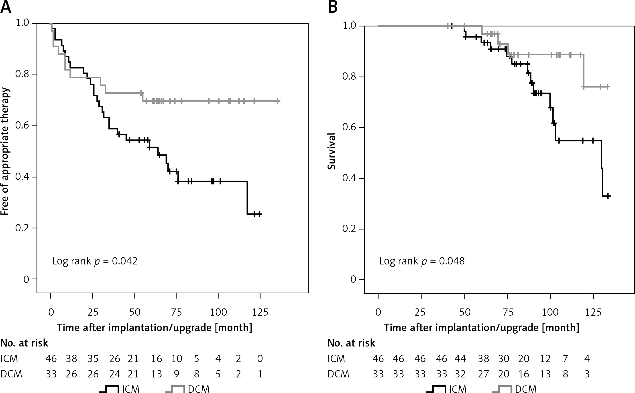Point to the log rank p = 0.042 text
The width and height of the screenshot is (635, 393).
[95, 261]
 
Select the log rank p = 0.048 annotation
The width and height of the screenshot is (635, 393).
[422, 261]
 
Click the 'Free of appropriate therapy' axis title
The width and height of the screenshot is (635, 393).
[5, 151]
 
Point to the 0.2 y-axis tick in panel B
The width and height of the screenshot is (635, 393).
[349, 229]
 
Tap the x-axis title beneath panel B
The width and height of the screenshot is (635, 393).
[482, 327]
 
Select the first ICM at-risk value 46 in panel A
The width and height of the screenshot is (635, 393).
[51, 359]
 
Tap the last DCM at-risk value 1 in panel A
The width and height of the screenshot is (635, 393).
[260, 374]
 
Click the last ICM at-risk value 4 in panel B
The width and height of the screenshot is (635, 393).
[587, 359]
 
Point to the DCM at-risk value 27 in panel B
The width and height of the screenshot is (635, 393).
[484, 374]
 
